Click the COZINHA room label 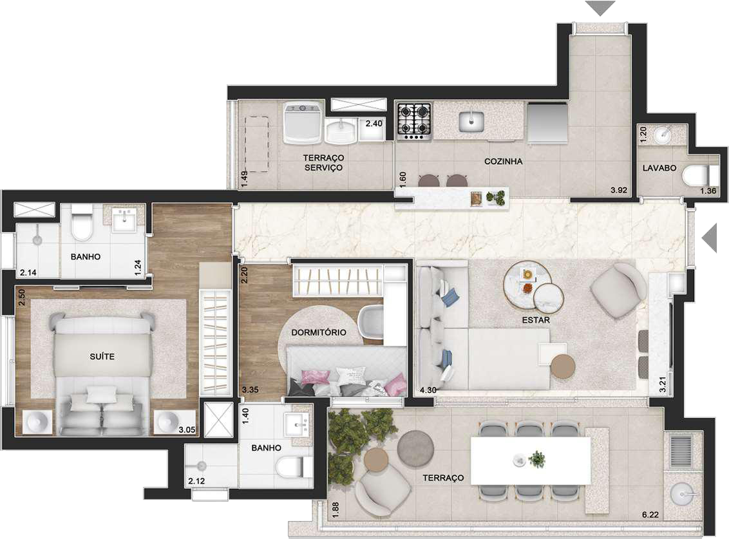(503, 162)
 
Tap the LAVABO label (659, 168)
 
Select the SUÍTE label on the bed (102, 356)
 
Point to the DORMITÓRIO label (319, 332)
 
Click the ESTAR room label (536, 320)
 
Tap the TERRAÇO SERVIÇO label (323, 163)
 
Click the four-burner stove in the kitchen (414, 120)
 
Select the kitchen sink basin (471, 121)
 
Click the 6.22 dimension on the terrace (650, 515)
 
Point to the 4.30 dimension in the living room (428, 390)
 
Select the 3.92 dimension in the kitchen (619, 190)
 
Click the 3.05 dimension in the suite (187, 430)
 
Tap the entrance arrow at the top (600, 8)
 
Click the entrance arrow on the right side (710, 237)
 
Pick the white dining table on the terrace (531, 461)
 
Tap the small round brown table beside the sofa (563, 366)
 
